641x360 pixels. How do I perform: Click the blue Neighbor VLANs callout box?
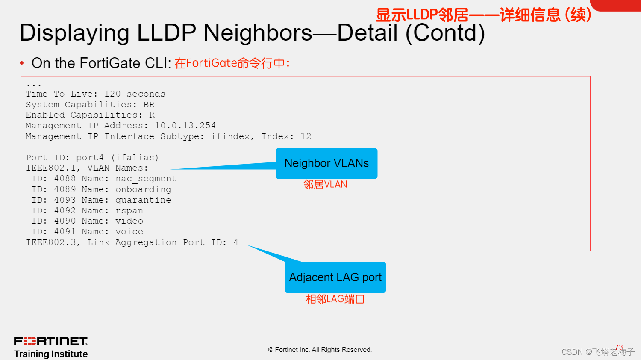click(326, 163)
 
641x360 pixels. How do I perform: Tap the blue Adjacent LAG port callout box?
click(335, 277)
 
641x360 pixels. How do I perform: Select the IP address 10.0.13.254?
click(185, 126)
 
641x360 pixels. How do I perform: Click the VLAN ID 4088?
click(65, 179)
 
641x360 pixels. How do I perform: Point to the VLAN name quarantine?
click(143, 200)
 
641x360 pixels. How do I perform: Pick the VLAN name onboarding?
click(143, 189)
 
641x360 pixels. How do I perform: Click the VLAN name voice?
click(129, 232)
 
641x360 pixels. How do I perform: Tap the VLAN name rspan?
click(129, 211)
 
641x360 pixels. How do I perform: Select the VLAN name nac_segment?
click(146, 179)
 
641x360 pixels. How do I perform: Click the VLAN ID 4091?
click(65, 232)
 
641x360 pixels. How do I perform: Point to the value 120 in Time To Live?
click(112, 94)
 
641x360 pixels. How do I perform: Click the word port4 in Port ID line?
click(90, 158)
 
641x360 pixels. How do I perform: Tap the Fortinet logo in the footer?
click(51, 341)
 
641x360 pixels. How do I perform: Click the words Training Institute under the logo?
click(51, 354)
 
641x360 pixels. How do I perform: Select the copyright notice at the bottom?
click(320, 350)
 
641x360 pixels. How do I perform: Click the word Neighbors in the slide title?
click(258, 33)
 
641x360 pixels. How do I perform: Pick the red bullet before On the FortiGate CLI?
click(22, 63)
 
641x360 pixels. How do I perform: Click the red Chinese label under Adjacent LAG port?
click(335, 299)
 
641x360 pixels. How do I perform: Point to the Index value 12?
click(306, 136)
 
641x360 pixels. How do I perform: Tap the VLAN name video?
click(129, 221)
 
